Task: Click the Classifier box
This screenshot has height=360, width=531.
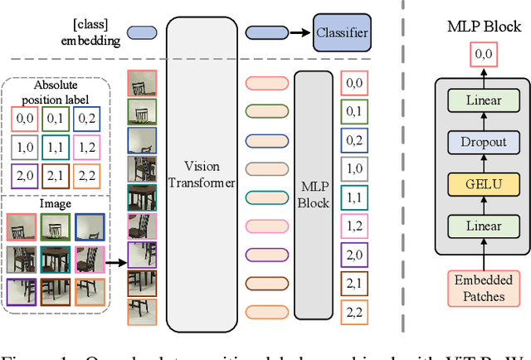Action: point(341,33)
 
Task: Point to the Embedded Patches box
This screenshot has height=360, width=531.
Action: point(484,289)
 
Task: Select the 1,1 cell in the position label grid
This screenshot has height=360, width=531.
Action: point(57,148)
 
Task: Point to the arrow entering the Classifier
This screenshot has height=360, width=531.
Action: point(297,33)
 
